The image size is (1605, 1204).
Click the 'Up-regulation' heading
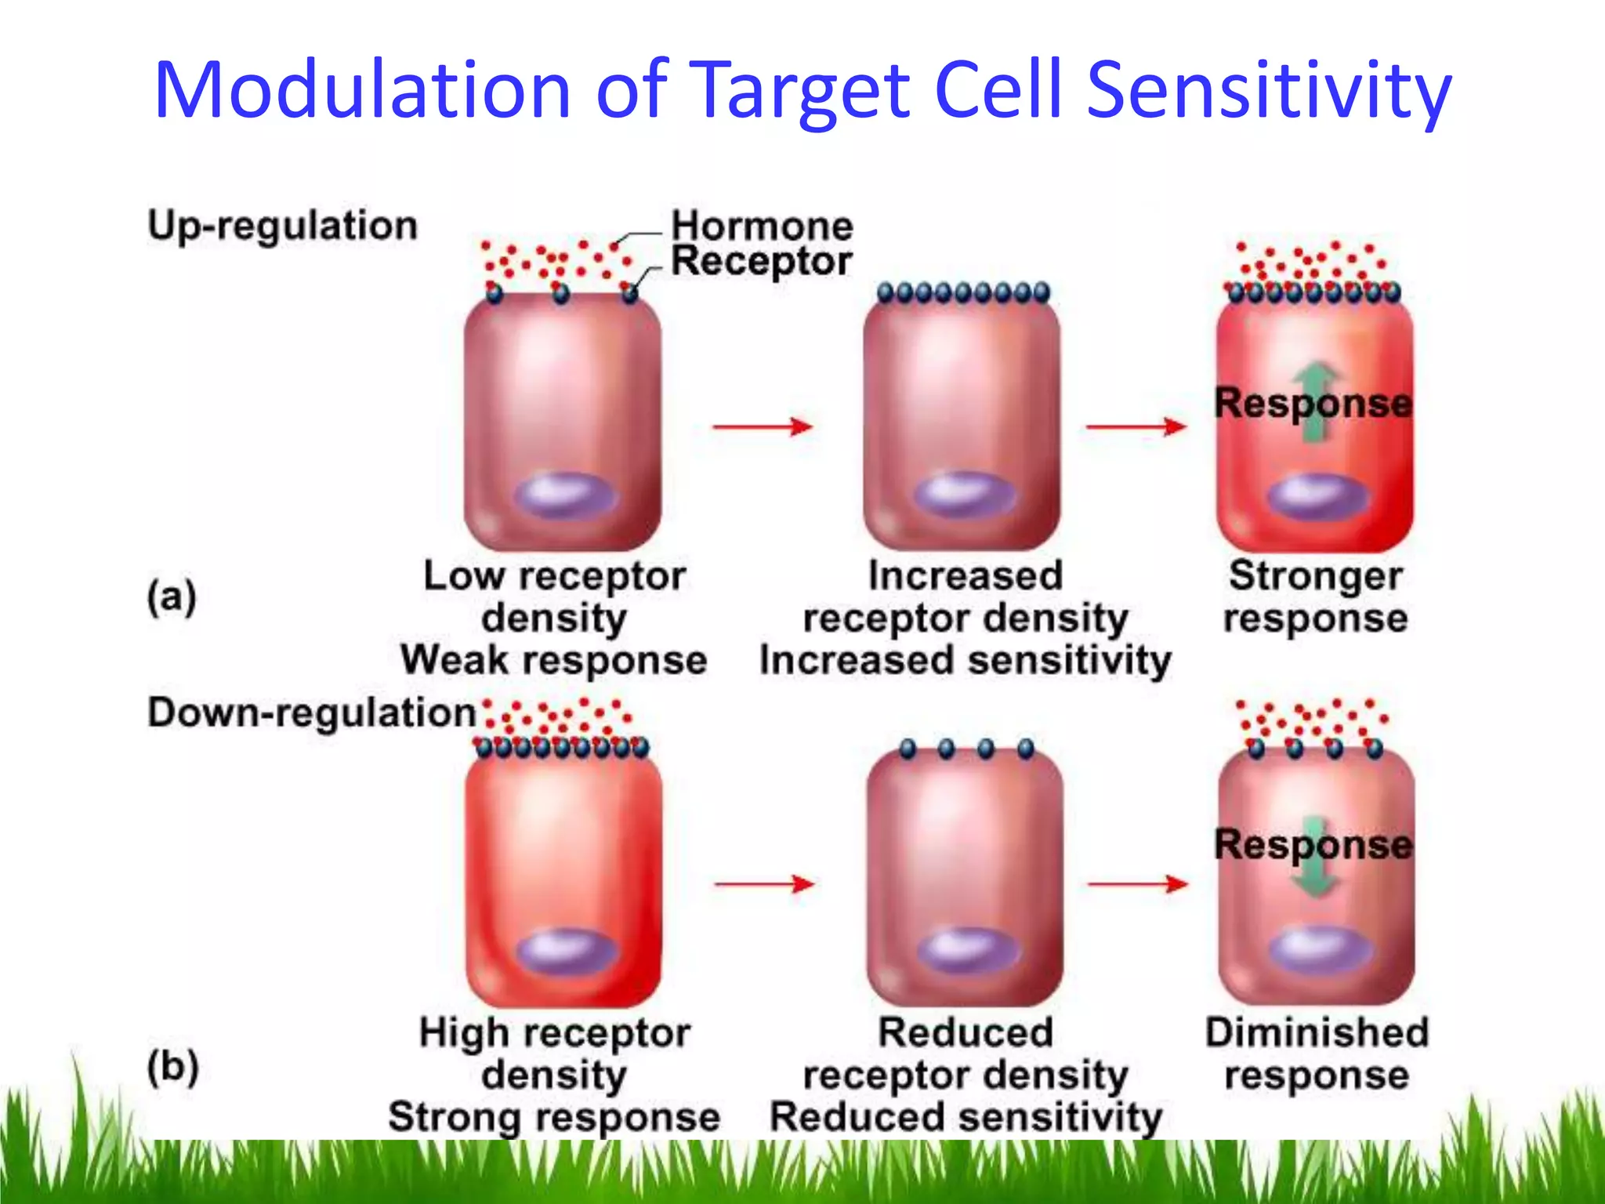(282, 226)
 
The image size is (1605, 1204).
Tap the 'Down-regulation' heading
(312, 713)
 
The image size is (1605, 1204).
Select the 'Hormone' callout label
(762, 227)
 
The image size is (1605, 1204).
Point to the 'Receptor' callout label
(762, 261)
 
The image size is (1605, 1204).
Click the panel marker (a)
(172, 598)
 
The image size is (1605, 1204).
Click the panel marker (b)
(172, 1068)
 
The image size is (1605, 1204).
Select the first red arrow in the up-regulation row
(762, 426)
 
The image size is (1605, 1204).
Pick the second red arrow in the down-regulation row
(1138, 884)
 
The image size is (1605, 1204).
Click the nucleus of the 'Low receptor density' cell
(566, 495)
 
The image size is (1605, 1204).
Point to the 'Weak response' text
(553, 660)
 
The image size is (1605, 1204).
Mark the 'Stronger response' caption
(1316, 597)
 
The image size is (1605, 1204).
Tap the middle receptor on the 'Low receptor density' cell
(561, 294)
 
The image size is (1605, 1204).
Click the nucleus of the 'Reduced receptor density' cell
(969, 951)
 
